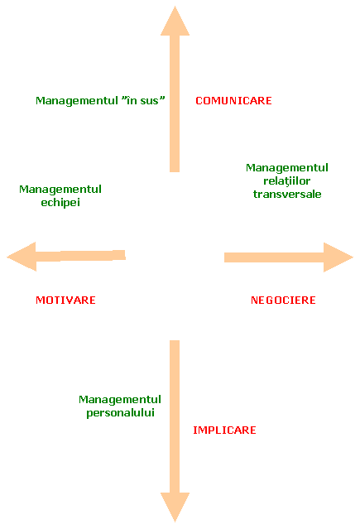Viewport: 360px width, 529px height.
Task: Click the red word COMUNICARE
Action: [233, 100]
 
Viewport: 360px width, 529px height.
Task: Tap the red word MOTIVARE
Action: [65, 300]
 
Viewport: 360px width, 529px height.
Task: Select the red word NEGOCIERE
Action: [283, 300]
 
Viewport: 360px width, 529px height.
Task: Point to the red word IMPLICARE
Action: [224, 430]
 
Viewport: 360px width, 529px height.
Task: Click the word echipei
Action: [60, 203]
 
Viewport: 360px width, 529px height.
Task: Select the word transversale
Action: [287, 194]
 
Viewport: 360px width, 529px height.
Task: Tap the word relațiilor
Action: [287, 180]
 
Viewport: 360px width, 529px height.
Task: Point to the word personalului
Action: [121, 413]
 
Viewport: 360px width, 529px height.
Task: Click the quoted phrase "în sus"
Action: [143, 100]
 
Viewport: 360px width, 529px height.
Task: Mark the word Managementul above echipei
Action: [60, 190]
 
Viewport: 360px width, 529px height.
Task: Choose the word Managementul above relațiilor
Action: [287, 168]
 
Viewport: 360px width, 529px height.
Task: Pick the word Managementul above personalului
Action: [120, 400]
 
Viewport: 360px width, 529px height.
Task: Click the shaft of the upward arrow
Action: [175, 103]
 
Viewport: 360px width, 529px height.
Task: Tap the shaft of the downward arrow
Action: [175, 416]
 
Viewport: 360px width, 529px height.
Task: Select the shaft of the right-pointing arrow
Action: [274, 257]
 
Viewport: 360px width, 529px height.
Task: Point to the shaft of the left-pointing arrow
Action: [81, 256]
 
